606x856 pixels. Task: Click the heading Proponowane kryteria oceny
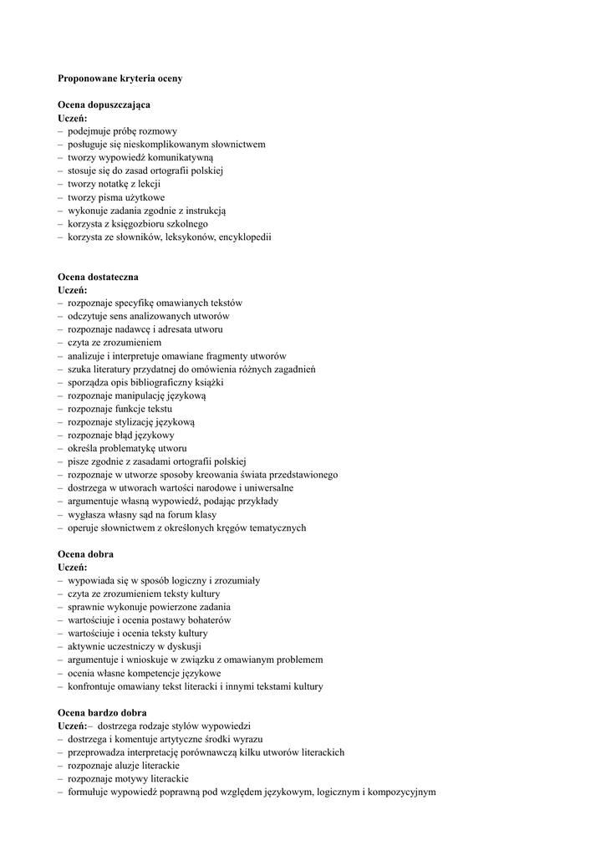pos(120,78)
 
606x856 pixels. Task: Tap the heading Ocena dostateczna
pos(98,276)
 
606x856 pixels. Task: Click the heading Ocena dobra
pos(85,553)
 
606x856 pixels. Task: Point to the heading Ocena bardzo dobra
pos(102,712)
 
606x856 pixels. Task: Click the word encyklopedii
pos(245,237)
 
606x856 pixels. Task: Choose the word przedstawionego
pos(302,475)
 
